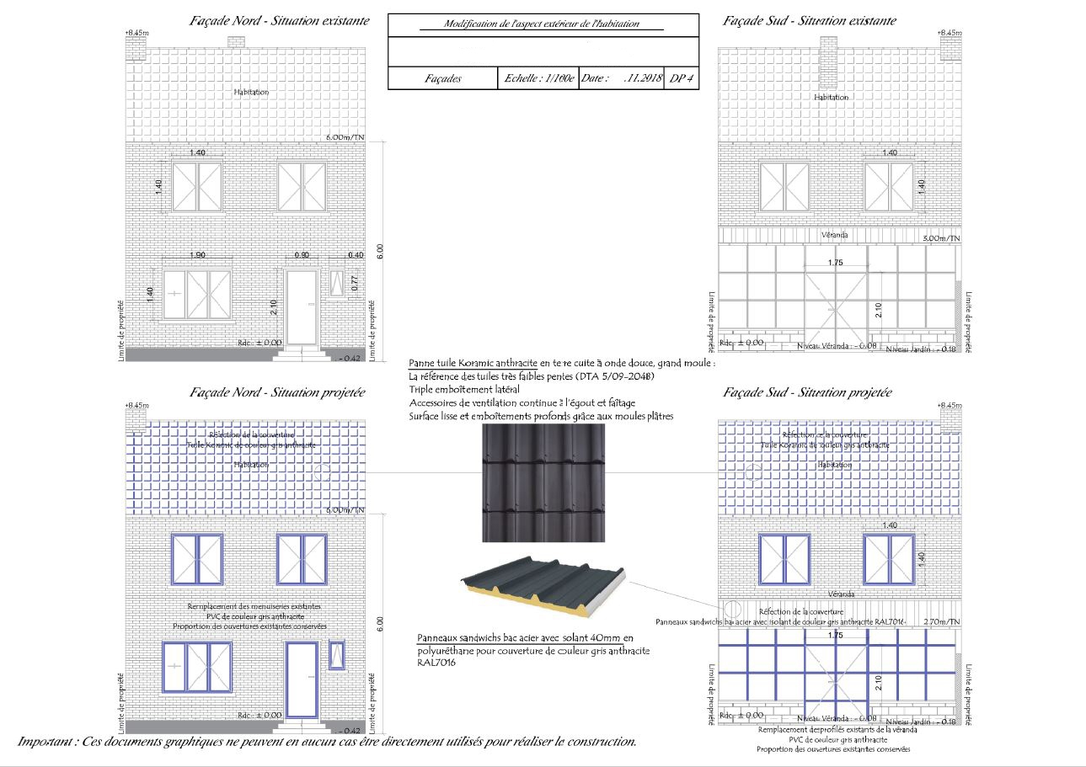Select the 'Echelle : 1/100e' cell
point(538,78)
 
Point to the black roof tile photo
point(543,483)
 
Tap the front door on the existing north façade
point(302,307)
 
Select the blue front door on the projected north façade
point(302,680)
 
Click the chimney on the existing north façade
point(135,48)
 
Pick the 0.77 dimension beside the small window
point(355,285)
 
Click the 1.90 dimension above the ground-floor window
point(197,254)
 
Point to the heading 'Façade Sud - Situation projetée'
point(807,392)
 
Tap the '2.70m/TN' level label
point(941,621)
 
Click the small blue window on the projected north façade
point(337,654)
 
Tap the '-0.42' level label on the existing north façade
point(350,359)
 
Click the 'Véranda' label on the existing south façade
point(834,234)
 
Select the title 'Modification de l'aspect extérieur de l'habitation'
point(543,24)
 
